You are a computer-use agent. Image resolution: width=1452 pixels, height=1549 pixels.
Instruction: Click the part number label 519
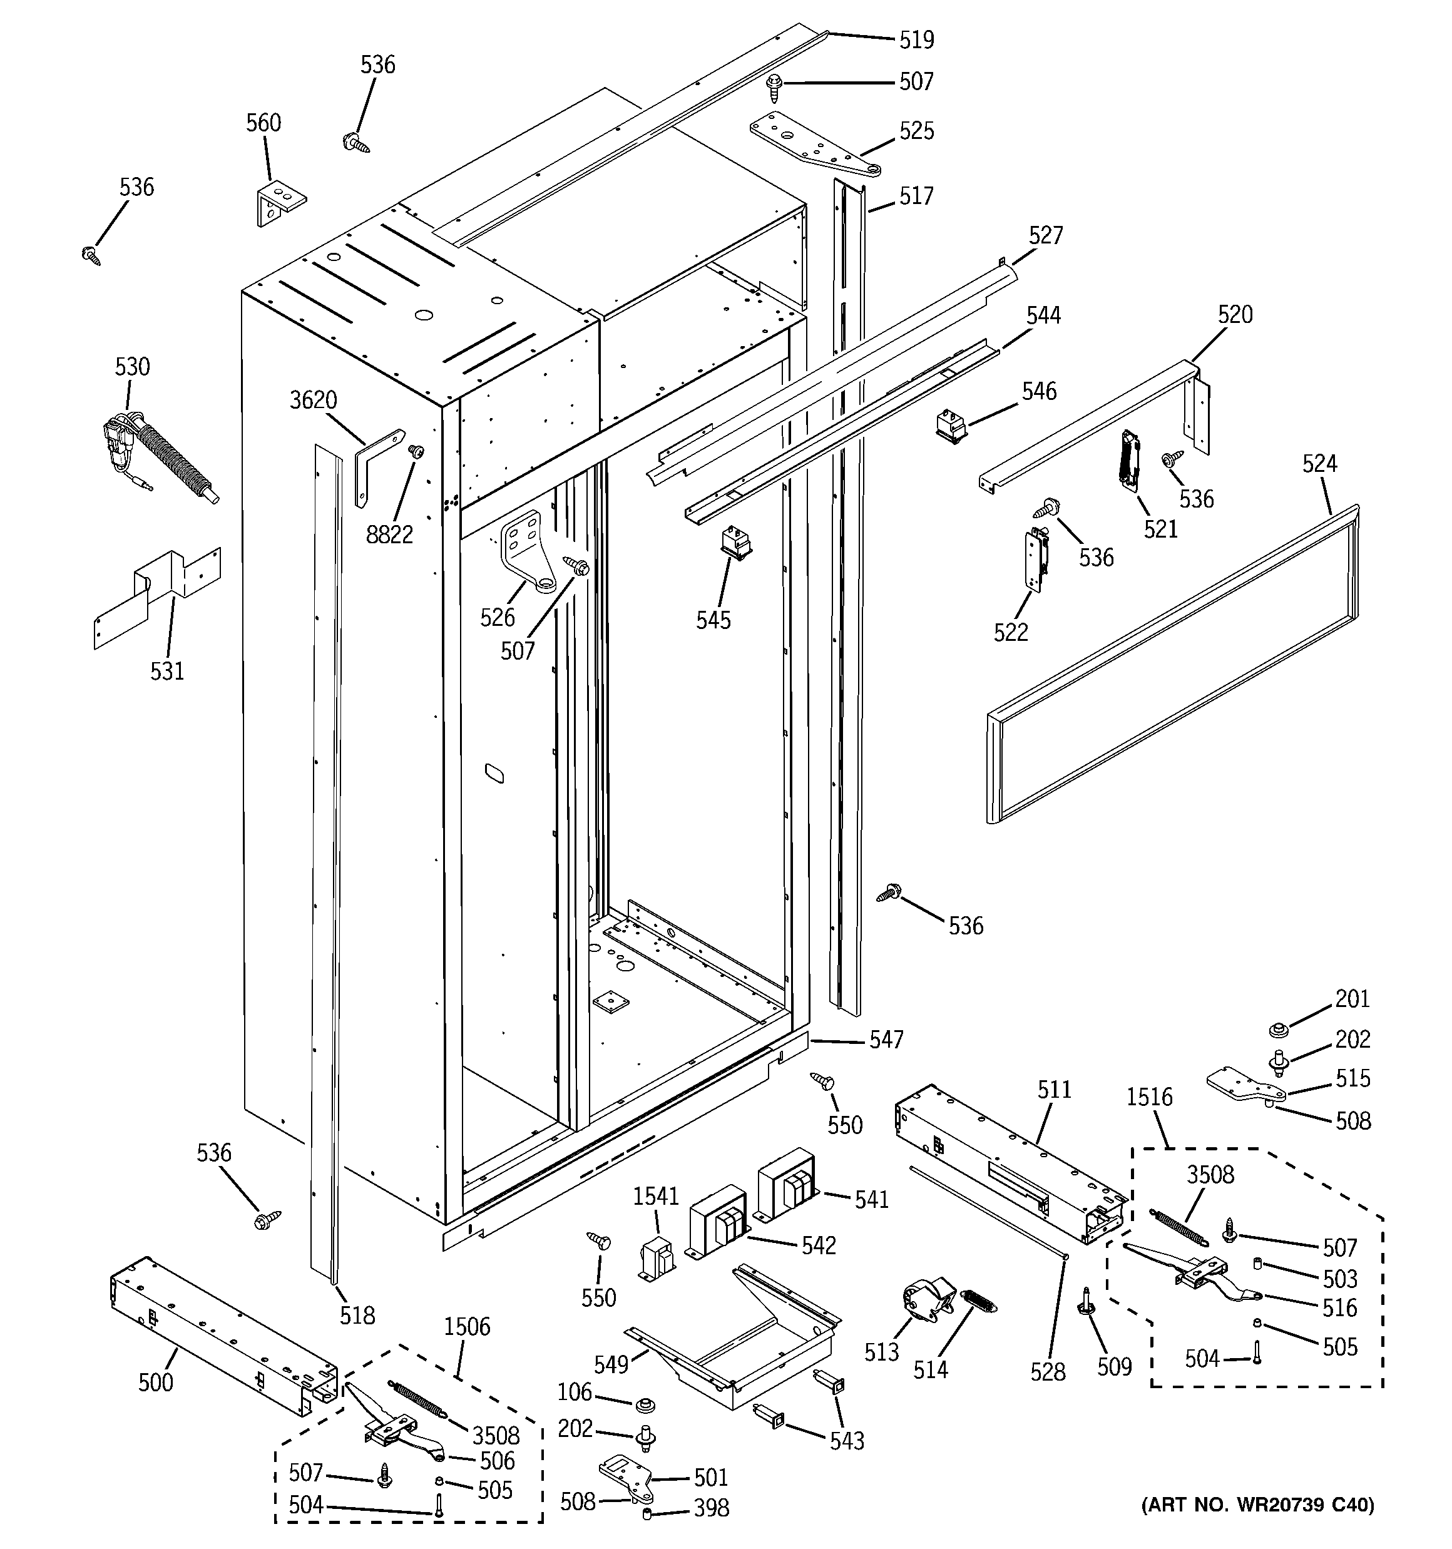916,39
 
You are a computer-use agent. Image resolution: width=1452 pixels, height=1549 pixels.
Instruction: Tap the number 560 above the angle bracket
263,123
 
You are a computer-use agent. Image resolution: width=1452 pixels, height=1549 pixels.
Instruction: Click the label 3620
314,401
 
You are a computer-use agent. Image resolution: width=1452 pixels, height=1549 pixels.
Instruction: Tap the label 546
1039,391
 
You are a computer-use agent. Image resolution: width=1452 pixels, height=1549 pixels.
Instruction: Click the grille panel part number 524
1319,464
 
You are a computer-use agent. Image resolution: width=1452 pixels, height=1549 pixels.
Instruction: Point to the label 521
1160,529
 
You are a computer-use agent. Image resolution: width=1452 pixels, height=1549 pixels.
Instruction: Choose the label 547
886,1040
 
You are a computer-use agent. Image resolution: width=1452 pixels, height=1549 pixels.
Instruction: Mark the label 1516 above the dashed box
1149,1097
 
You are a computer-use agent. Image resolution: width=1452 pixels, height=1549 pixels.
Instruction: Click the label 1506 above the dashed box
467,1327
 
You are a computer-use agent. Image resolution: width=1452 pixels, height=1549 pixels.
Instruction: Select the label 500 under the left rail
156,1383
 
